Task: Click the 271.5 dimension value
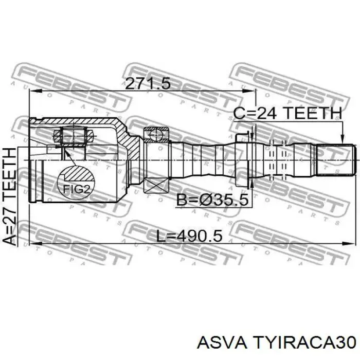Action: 146,83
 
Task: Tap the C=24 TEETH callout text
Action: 287,113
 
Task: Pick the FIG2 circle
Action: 76,175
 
